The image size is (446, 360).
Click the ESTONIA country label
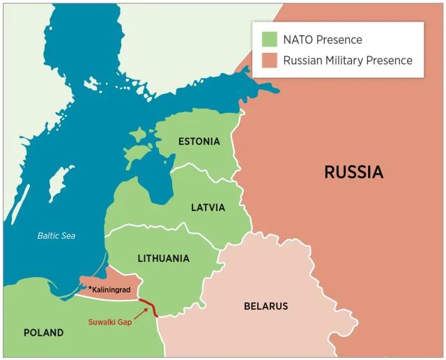[199, 141]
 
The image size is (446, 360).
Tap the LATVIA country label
[208, 208]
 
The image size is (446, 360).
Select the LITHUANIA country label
[164, 258]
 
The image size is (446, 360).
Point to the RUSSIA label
[353, 172]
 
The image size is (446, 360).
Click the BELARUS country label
[266, 306]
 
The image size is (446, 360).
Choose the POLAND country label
[43, 333]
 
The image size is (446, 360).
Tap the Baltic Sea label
[56, 235]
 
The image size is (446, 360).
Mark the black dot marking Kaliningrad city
[90, 287]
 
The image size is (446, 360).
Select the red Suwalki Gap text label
[110, 322]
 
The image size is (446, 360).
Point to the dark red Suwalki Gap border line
[148, 307]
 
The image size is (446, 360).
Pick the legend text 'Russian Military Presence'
[347, 61]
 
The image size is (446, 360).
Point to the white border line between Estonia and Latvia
[202, 166]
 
